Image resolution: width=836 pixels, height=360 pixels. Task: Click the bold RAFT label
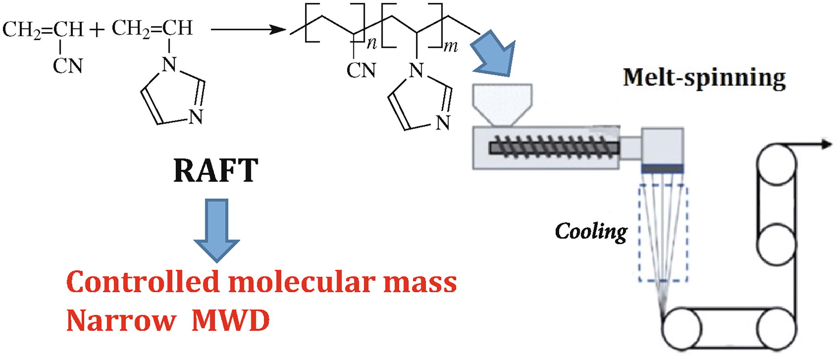click(216, 171)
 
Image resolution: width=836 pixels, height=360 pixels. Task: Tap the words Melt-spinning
click(704, 78)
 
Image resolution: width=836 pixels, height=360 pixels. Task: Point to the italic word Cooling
click(591, 232)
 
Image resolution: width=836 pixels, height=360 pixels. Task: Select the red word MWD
click(230, 321)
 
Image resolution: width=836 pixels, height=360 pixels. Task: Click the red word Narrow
click(121, 321)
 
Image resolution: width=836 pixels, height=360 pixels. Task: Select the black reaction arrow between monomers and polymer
click(248, 29)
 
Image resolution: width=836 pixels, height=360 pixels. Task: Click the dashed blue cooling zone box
click(663, 233)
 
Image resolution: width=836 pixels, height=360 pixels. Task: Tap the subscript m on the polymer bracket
click(451, 47)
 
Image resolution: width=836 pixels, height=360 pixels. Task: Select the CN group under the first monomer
click(68, 66)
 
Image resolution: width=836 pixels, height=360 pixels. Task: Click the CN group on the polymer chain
click(361, 71)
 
